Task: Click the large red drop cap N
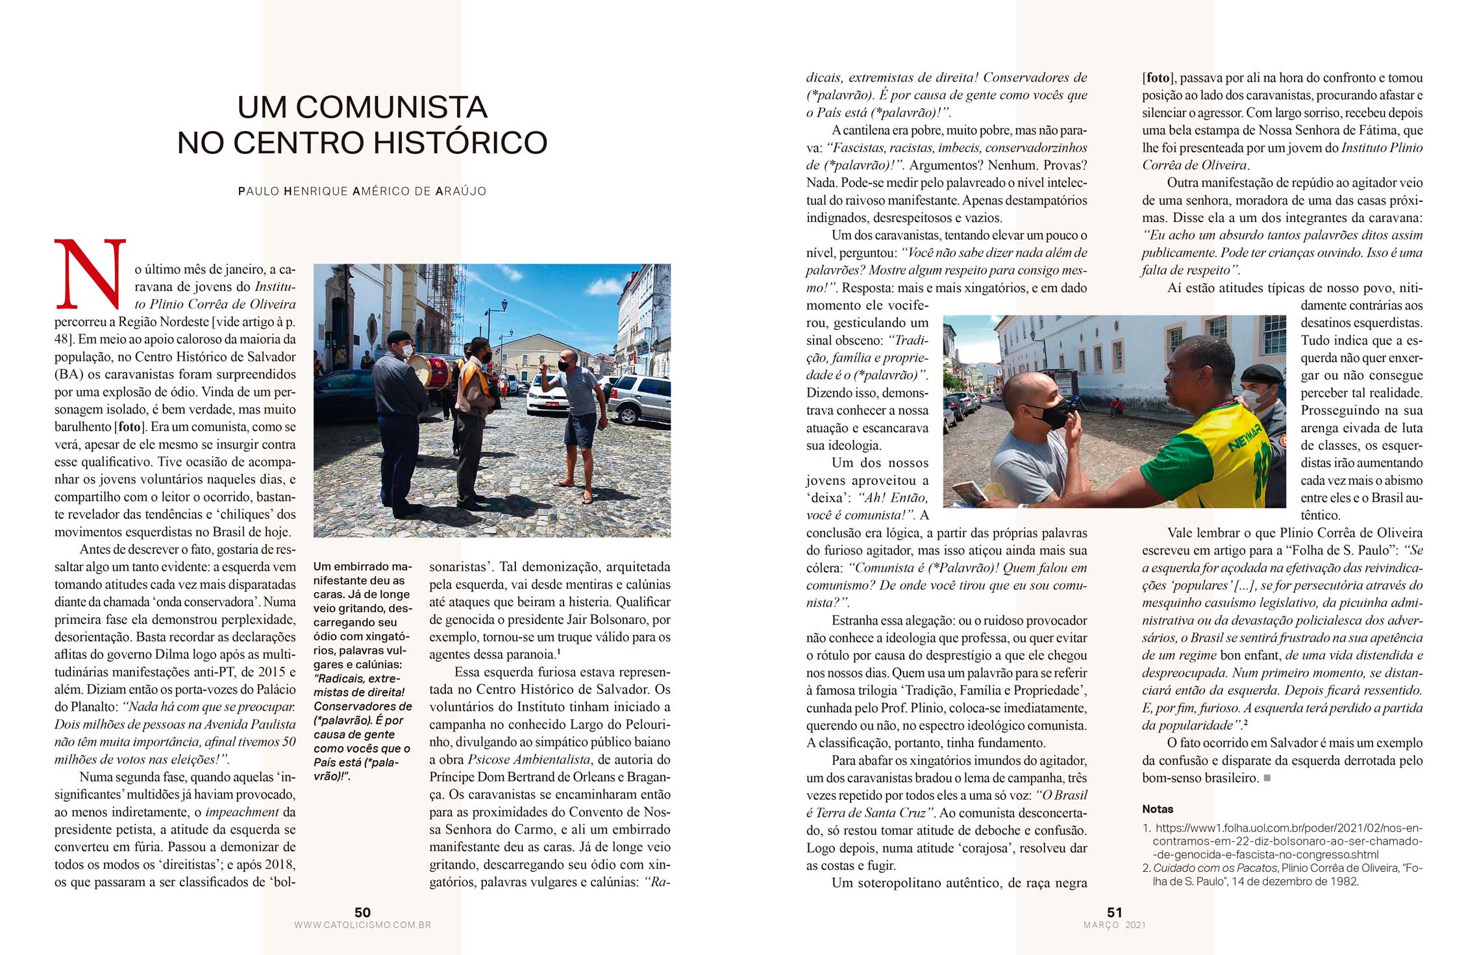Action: click(90, 275)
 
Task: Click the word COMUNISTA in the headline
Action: click(391, 108)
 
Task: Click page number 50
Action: click(362, 912)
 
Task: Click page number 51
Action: click(1114, 912)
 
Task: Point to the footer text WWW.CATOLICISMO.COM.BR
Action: click(362, 925)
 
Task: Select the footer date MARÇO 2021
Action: click(1114, 925)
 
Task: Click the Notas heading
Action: click(1158, 809)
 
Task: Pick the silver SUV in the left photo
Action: click(639, 397)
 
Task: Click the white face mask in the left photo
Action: click(407, 351)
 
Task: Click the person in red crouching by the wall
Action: click(1115, 406)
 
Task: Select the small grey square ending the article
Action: click(1267, 778)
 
